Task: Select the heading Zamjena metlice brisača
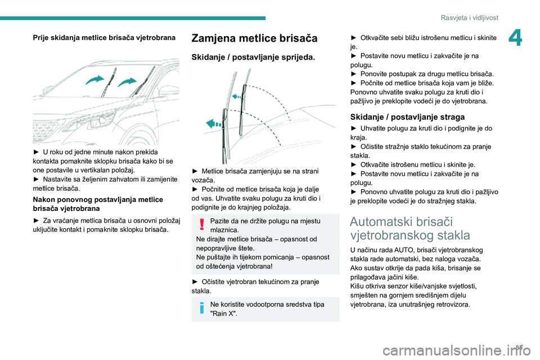point(254,38)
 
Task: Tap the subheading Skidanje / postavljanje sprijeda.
point(253,58)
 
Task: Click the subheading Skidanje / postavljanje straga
point(407,117)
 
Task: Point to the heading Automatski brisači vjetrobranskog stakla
point(410,228)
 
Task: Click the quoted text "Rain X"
point(223,313)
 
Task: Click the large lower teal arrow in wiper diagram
point(213,124)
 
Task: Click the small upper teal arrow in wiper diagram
point(237,97)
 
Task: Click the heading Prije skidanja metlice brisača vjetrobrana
point(103,37)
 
